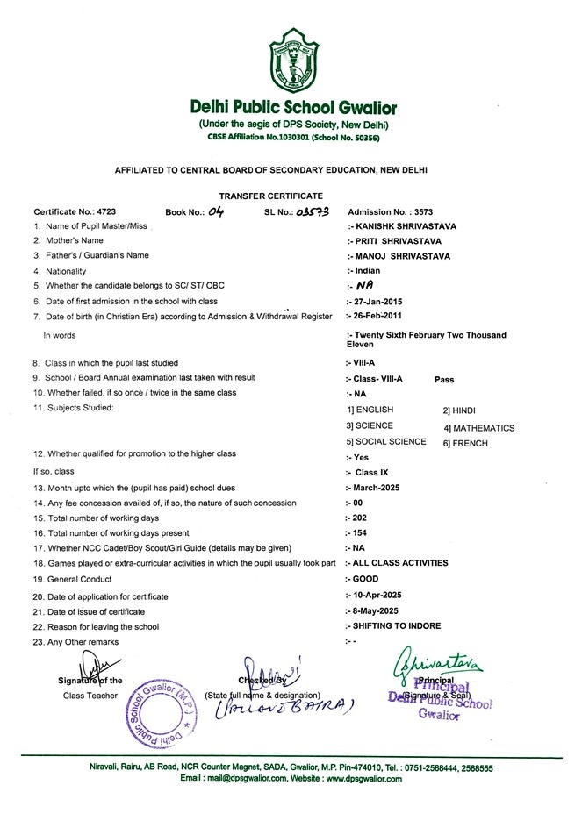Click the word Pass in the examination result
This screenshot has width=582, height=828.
pos(446,378)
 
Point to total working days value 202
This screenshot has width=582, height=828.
pos(356,517)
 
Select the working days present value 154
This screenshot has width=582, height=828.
pos(356,532)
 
